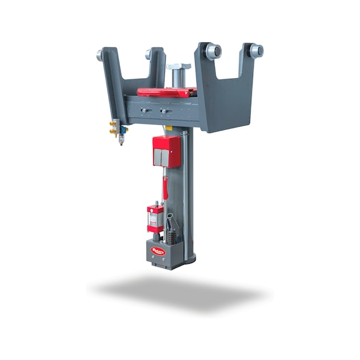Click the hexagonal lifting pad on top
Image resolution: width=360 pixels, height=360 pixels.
(179, 66)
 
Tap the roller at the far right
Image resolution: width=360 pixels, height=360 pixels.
(256, 51)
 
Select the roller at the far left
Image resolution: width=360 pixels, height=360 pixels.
(100, 55)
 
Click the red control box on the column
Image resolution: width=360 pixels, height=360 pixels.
(166, 151)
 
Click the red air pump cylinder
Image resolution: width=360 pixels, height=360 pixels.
(155, 217)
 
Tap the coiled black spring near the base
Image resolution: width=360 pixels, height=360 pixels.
(169, 237)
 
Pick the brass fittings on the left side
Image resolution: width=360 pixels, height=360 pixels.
(112, 129)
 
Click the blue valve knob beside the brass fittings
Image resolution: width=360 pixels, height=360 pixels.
(123, 130)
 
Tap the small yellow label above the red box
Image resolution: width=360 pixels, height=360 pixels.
(168, 128)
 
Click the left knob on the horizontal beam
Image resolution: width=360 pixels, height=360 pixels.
(144, 111)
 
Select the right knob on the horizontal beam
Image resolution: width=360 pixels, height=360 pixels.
(164, 112)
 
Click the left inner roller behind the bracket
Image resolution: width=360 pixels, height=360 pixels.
(149, 54)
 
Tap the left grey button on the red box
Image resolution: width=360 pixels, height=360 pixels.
(158, 157)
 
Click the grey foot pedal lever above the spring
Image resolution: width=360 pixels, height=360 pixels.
(171, 221)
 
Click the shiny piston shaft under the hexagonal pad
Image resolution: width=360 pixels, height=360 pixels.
(179, 79)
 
